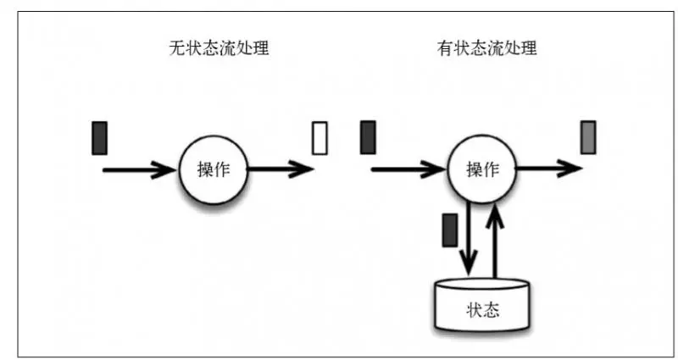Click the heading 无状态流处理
(220, 49)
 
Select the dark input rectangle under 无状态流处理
(100, 138)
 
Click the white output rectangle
(320, 138)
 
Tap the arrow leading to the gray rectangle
(547, 169)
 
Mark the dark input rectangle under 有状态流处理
(368, 138)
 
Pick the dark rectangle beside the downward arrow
(450, 230)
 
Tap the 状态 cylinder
(483, 308)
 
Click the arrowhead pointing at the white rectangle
(303, 169)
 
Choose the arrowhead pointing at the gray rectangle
(572, 169)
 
